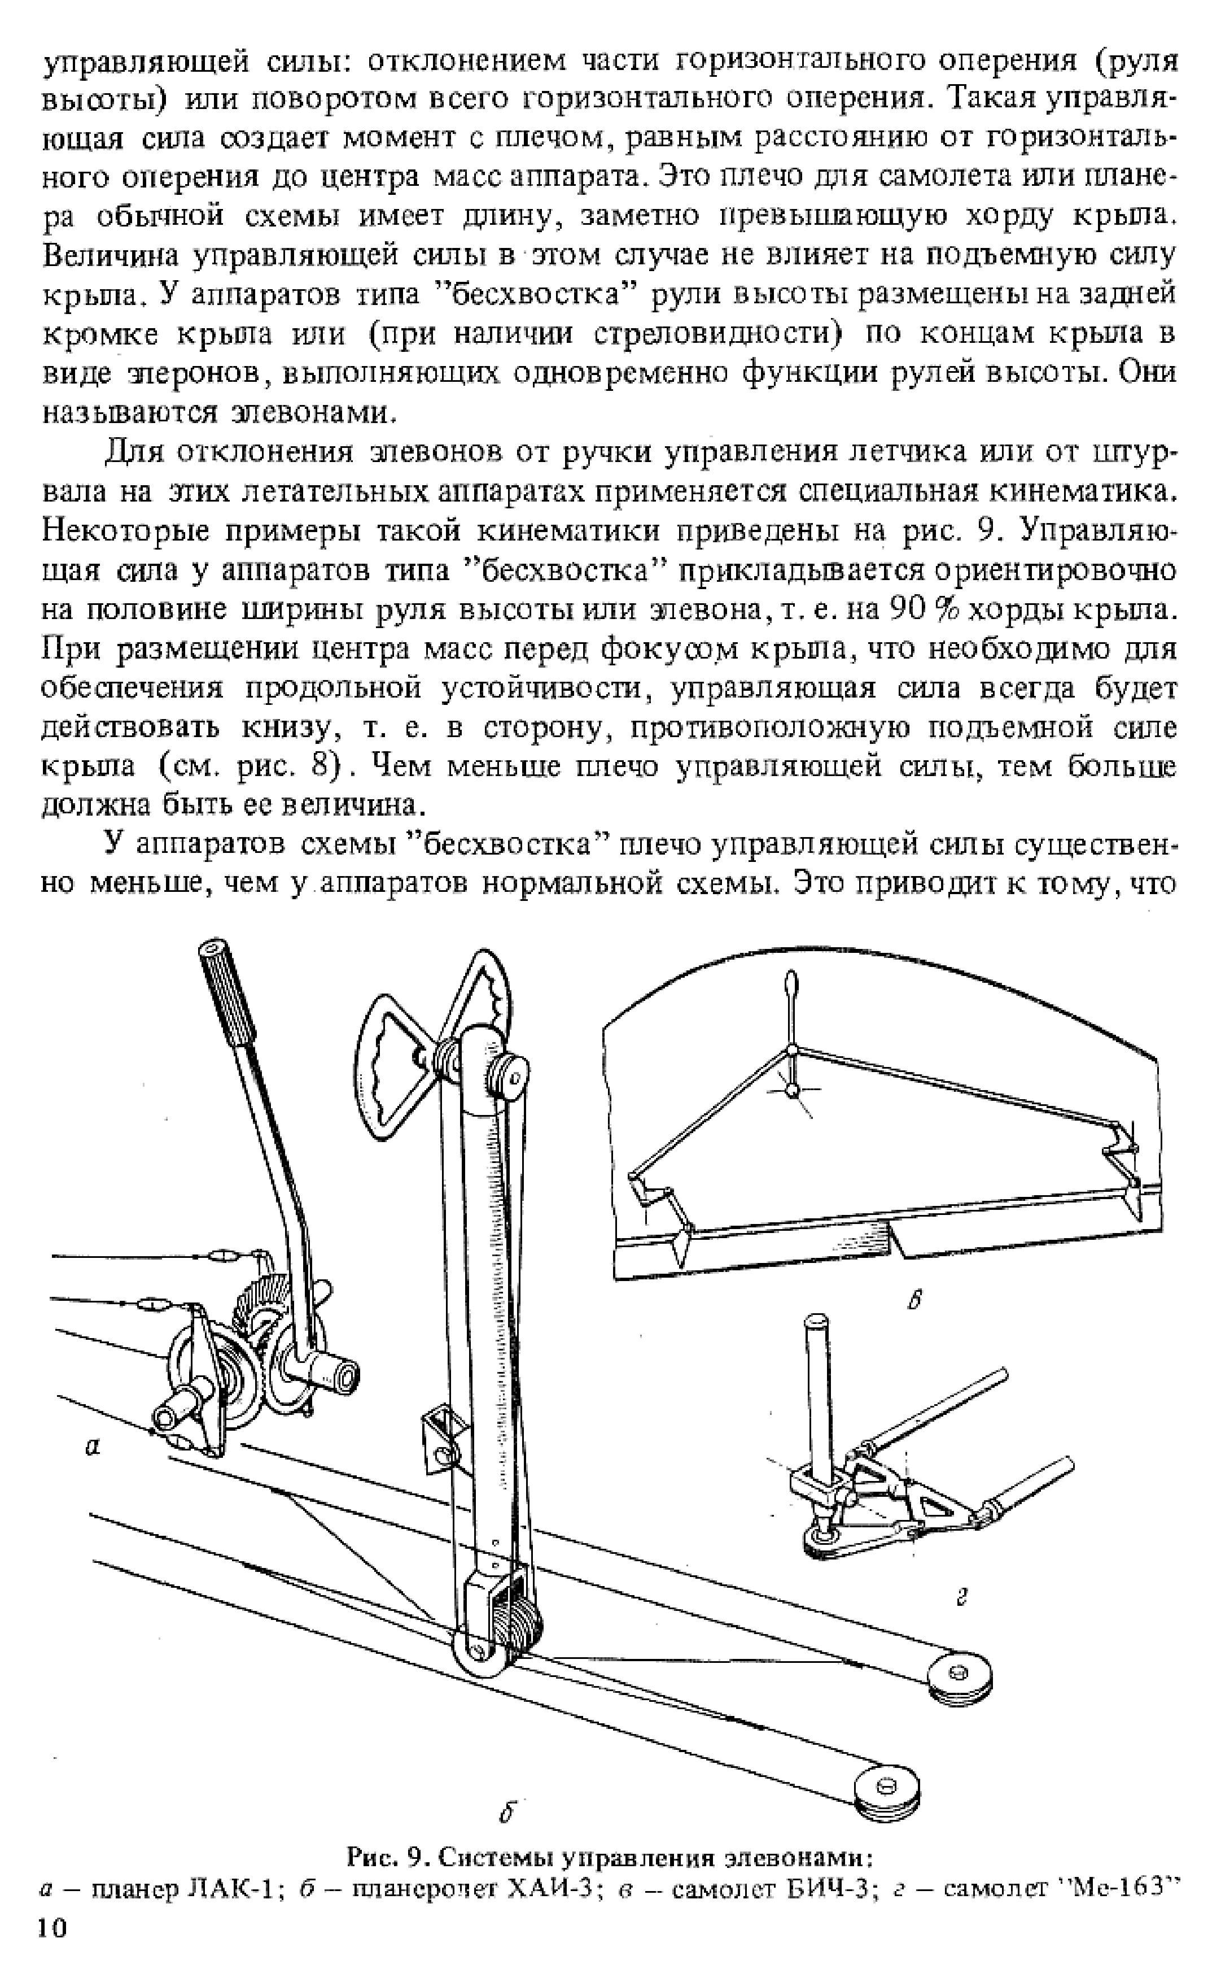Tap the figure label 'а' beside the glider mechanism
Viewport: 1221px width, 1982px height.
coord(93,1449)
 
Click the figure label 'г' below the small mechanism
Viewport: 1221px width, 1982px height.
coord(960,1596)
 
